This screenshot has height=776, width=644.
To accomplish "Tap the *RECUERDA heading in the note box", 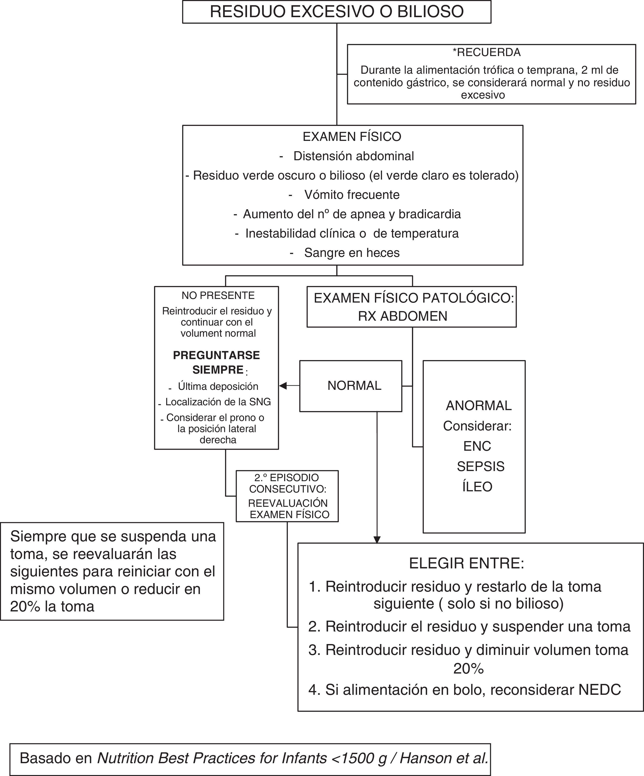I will (487, 52).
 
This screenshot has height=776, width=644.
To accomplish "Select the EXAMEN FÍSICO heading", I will (352, 137).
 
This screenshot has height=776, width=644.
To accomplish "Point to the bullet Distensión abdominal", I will (353, 156).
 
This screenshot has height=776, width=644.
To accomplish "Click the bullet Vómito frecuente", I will (352, 195).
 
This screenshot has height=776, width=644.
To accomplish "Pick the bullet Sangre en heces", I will (352, 253).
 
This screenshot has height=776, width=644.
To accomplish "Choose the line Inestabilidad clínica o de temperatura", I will (352, 233).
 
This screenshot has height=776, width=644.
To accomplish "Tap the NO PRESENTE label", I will (218, 296).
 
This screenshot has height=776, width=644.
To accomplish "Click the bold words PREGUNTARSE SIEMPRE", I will (216, 362).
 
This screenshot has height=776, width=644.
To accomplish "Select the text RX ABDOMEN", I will (403, 316).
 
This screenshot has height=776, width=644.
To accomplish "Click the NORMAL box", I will (354, 386).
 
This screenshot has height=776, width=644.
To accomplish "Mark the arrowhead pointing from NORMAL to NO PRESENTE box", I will (283, 386).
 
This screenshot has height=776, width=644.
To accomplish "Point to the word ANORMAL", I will (479, 406).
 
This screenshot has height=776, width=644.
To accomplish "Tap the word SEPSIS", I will (481, 467).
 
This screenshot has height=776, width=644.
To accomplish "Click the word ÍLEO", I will (477, 487).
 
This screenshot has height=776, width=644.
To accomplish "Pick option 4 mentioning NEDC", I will (465, 690).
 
